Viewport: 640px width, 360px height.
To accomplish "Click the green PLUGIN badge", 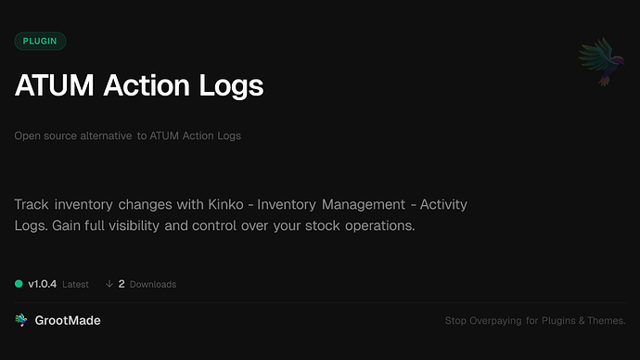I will point(40,41).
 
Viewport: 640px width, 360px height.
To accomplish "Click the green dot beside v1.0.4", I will point(19,284).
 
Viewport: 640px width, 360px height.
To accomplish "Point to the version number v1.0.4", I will point(43,284).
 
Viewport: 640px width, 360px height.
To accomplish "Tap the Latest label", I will point(75,284).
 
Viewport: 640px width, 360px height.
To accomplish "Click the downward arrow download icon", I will point(109,284).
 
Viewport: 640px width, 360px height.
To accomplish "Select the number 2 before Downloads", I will point(122,284).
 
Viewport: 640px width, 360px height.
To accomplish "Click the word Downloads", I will point(153,284).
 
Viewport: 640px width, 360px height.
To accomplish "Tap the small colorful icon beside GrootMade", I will point(21,320).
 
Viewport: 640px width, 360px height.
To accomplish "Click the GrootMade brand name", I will point(68,320).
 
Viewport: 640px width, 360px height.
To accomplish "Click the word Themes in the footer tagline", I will point(606,321).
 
